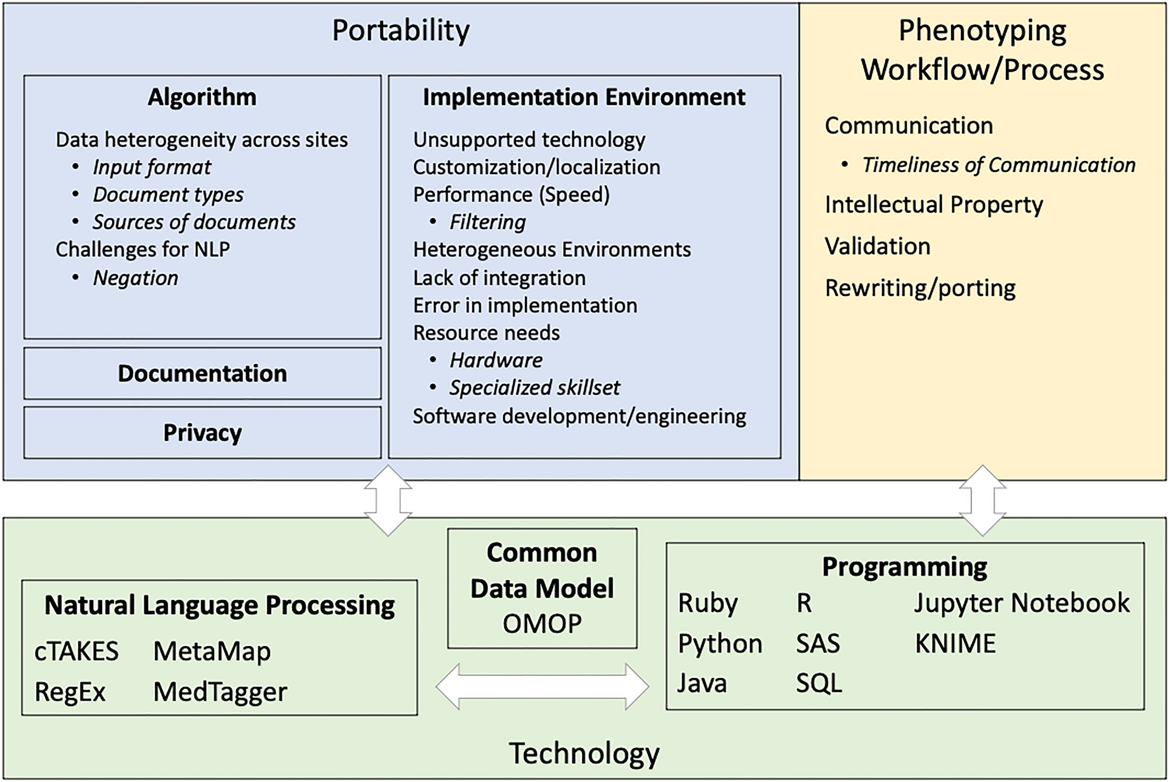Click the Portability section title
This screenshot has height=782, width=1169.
(401, 30)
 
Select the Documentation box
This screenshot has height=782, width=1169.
(202, 374)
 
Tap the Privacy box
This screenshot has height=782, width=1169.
(202, 433)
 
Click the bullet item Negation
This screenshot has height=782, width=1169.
(135, 278)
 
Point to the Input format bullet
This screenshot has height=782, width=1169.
(151, 167)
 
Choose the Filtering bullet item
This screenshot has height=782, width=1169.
(487, 222)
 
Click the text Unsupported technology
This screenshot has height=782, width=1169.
(529, 140)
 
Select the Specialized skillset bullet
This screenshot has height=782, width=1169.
(534, 387)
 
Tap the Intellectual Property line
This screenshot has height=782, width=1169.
(934, 205)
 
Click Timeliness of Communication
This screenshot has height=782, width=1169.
(998, 165)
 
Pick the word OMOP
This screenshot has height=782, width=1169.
(542, 624)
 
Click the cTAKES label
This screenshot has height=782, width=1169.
(76, 651)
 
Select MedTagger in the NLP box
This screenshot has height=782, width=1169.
(220, 692)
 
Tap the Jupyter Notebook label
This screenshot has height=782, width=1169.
(1022, 603)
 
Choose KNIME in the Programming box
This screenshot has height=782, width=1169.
(955, 643)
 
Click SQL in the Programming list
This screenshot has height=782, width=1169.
(819, 683)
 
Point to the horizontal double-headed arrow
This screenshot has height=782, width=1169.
(542, 687)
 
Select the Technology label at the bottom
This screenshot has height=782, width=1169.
(584, 753)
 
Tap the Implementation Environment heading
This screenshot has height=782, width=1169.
(584, 97)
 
